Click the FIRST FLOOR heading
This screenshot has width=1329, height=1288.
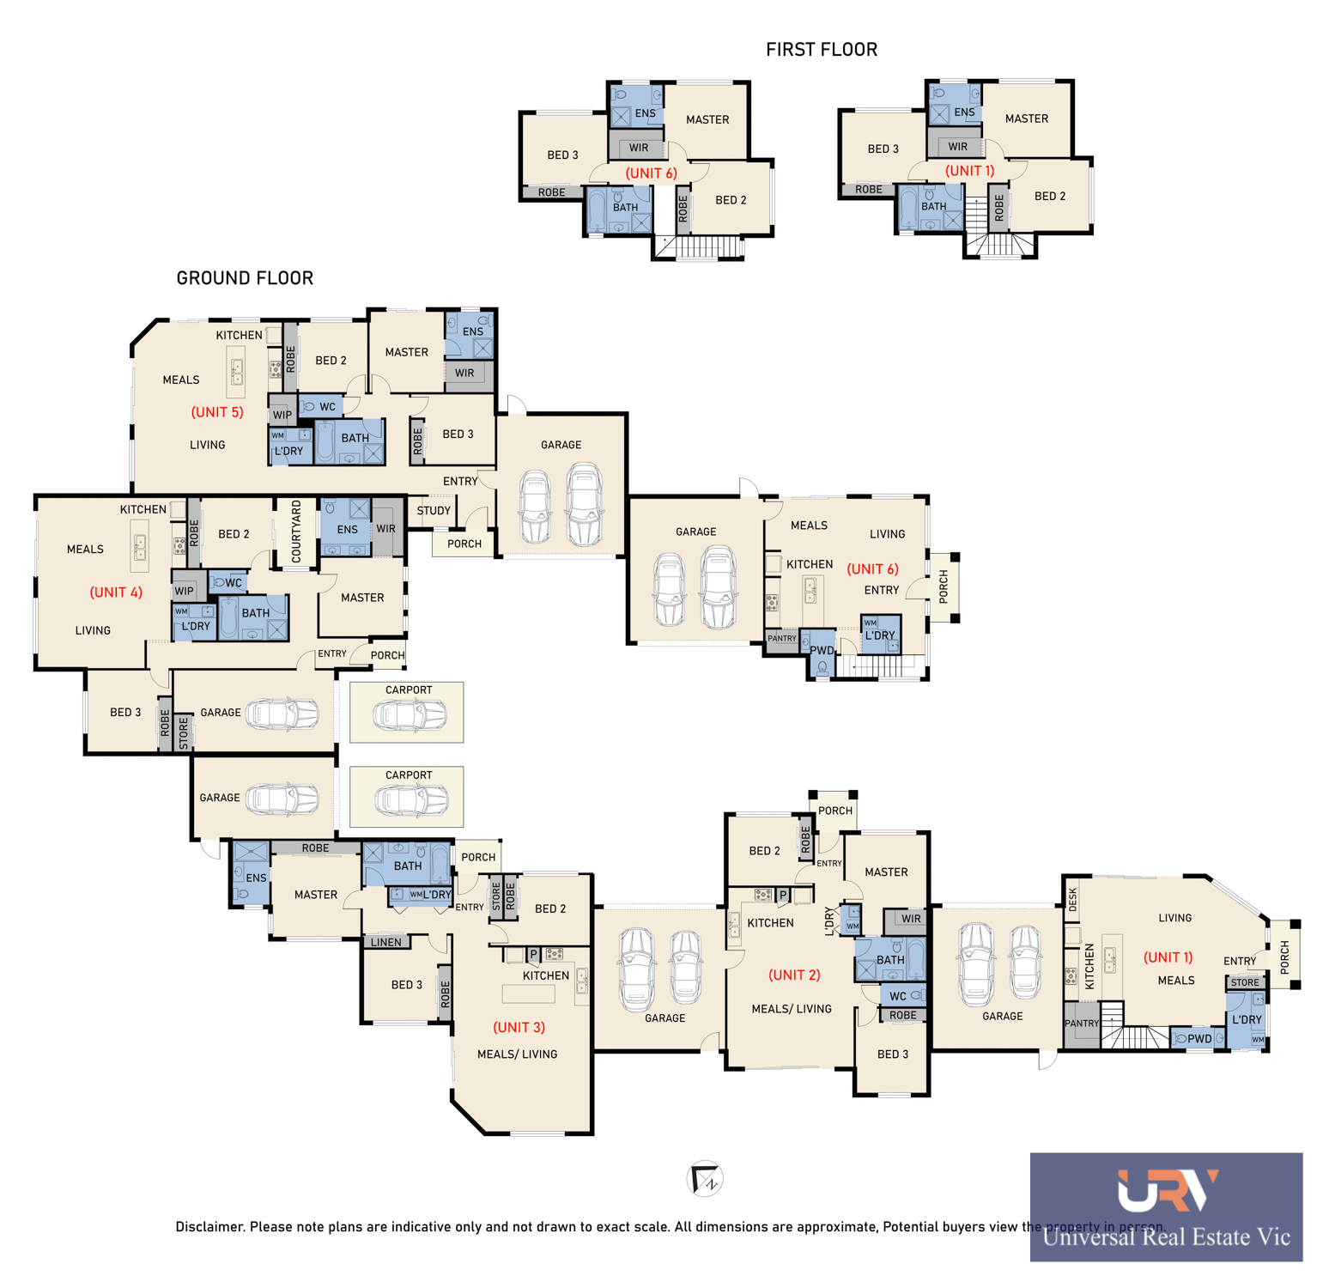[822, 50]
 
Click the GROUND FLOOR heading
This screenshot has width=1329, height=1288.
[245, 278]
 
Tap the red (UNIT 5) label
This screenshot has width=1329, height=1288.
[217, 412]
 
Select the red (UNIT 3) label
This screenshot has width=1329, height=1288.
[519, 1027]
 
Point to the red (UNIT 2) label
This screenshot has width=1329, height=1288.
[794, 975]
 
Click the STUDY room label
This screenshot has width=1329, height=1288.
[434, 511]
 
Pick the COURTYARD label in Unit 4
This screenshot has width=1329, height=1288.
[296, 532]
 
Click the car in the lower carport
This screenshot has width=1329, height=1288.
[410, 800]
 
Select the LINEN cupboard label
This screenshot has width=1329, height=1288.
[386, 942]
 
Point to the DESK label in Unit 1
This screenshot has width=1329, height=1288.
[1072, 899]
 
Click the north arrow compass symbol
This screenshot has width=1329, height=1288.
[705, 1178]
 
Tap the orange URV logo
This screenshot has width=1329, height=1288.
[1168, 1190]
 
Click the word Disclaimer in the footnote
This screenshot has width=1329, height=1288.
[209, 1226]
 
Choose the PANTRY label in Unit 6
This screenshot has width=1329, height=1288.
[782, 638]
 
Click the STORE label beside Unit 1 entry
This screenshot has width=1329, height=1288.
[1245, 982]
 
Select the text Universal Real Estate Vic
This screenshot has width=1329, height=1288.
[1167, 1237]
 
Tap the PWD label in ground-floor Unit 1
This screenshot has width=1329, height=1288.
[1199, 1039]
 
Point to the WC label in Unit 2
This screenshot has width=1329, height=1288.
[898, 996]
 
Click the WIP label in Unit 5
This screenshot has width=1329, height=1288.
[282, 415]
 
